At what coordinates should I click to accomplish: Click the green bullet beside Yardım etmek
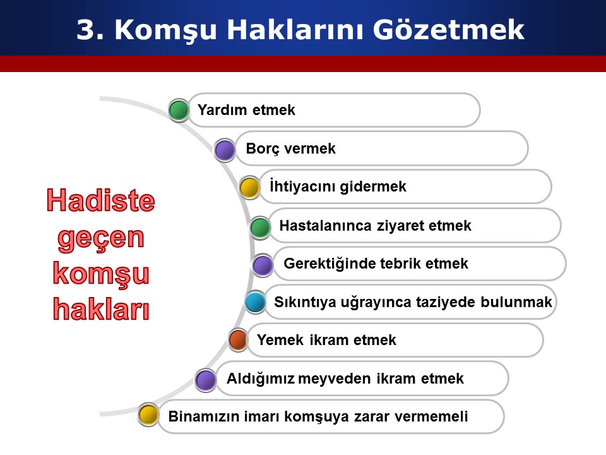point(179,110)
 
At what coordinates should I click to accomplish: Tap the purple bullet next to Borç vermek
point(225,150)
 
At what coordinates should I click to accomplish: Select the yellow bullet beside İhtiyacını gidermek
point(250,188)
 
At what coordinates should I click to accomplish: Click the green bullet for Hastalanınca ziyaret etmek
point(260,227)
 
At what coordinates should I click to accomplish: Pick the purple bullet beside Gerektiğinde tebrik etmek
point(263,265)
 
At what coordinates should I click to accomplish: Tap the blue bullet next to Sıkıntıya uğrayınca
point(256,302)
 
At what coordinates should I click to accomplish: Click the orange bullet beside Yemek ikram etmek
point(238,340)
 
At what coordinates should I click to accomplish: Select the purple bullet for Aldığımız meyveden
point(206,380)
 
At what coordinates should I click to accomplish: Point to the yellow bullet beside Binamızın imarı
point(148,415)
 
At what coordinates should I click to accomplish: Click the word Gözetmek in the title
point(448,30)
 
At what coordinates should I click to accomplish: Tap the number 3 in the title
point(85,30)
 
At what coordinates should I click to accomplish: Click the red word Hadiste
point(101,200)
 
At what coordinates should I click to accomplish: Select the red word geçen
point(101,238)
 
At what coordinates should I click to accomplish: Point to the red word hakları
point(101,309)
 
